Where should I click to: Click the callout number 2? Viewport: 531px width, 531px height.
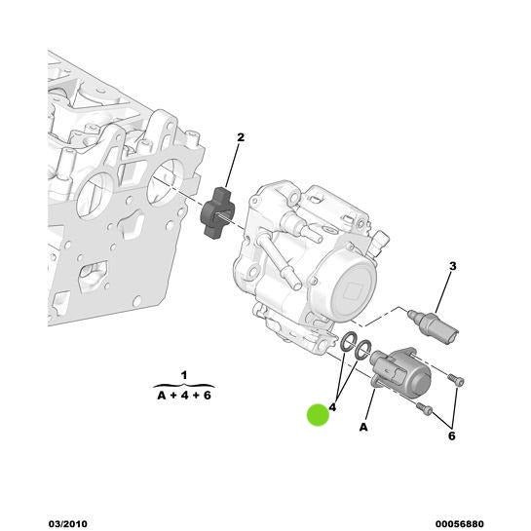point(241,137)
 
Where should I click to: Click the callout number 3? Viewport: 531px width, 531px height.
point(453,266)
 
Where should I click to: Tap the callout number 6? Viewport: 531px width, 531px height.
point(452,436)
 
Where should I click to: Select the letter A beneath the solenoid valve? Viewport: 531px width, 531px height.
point(363,428)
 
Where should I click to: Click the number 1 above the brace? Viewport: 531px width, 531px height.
point(184,375)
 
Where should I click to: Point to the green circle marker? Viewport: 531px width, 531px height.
point(318,415)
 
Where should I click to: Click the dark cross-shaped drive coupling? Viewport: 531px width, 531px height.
point(216,212)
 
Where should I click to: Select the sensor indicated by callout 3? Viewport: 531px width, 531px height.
point(434,325)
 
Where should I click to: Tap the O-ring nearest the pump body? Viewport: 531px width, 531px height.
point(349,342)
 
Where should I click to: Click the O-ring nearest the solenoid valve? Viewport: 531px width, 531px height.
point(362,350)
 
